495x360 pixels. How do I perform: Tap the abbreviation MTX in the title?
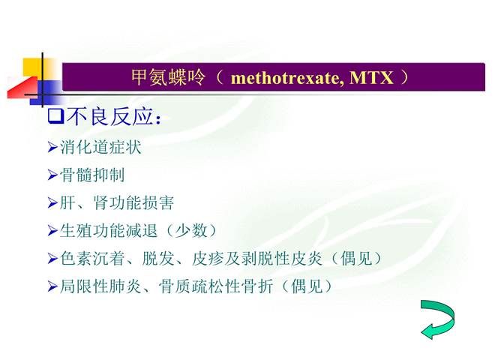tap(371, 78)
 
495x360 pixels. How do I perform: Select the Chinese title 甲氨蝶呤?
tap(168, 77)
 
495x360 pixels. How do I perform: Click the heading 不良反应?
tap(109, 116)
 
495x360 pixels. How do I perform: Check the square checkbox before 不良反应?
tap(56, 116)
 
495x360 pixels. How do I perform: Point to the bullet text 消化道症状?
tap(100, 147)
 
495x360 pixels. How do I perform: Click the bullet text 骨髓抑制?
tap(92, 175)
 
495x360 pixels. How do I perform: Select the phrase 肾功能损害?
tap(133, 202)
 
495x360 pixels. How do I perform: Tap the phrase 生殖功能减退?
tap(109, 230)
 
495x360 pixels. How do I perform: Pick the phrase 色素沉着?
tap(92, 259)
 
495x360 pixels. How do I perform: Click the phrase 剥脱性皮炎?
tap(282, 259)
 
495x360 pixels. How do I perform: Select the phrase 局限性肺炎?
tap(100, 286)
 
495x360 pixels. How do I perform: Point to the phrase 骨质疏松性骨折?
tap(215, 286)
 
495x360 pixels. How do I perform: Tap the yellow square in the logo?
tap(32, 67)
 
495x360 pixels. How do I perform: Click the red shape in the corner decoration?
tap(22, 88)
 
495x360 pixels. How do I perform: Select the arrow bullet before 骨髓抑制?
tap(52, 175)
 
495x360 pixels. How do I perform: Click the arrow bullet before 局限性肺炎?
tap(52, 286)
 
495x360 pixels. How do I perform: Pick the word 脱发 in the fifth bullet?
tap(158, 259)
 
